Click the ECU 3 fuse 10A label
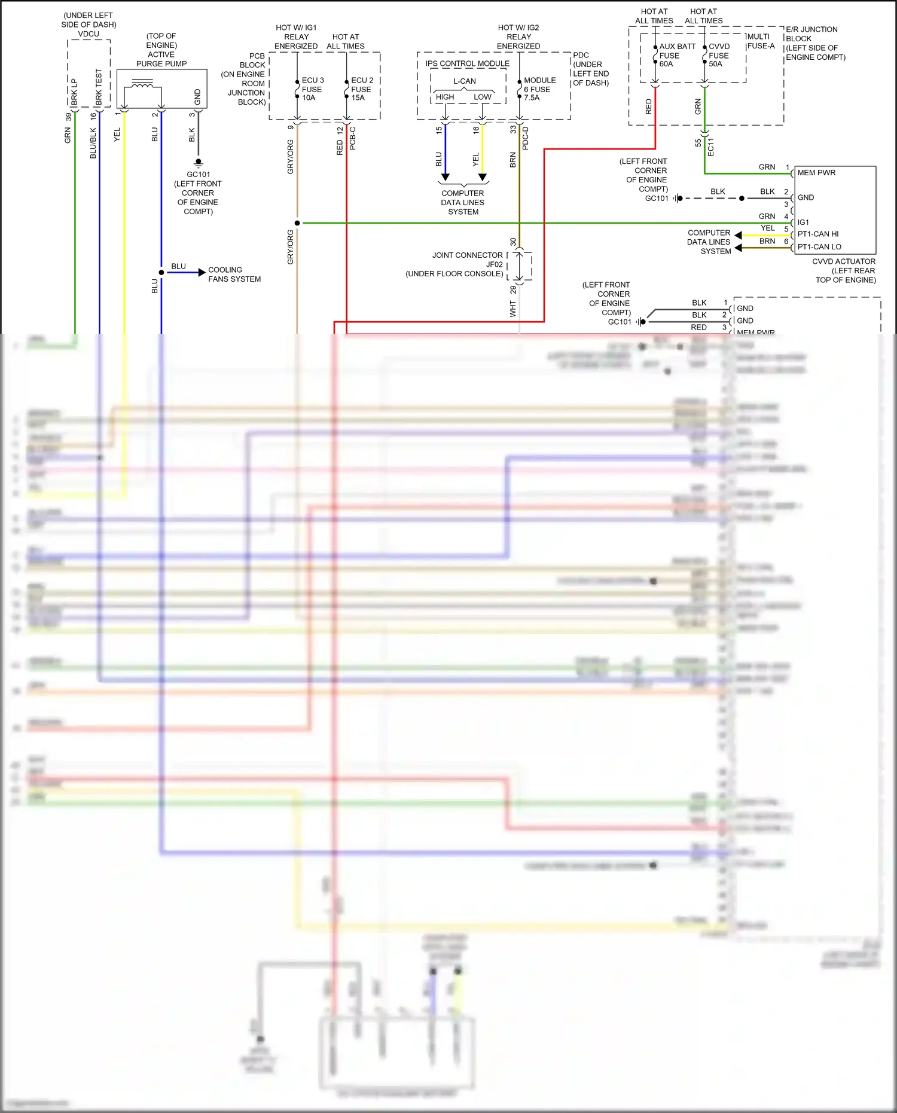pos(312,89)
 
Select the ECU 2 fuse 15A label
pos(362,89)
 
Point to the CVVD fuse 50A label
pos(719,55)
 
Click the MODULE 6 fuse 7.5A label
pos(539,89)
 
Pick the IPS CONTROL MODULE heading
pos(467,63)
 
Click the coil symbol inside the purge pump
pos(142,85)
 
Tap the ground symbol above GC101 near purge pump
pos(199,162)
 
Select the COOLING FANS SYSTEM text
pos(234,275)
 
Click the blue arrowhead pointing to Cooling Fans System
pos(202,272)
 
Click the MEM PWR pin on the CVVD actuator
pos(816,173)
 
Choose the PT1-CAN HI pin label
pos(817,234)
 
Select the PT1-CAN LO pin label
pos(819,246)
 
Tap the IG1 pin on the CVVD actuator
pos(803,222)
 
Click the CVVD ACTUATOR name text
pos(843,261)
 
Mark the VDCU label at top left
pos(89,34)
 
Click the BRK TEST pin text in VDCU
pos(99,87)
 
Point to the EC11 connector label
pos(711,147)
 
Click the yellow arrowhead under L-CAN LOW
pos(483,177)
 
